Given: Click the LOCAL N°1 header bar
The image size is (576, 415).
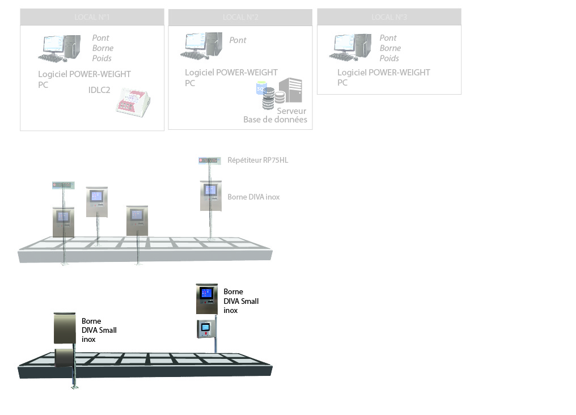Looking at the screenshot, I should pyautogui.click(x=92, y=17).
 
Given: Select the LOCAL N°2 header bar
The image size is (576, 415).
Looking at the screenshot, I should pyautogui.click(x=240, y=17).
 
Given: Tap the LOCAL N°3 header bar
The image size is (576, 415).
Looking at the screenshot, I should pyautogui.click(x=389, y=17).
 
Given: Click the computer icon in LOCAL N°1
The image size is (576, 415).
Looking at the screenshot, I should pyautogui.click(x=59, y=48).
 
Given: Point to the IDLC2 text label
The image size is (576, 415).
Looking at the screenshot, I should pyautogui.click(x=99, y=90).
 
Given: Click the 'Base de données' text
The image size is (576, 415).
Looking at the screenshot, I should pyautogui.click(x=275, y=120).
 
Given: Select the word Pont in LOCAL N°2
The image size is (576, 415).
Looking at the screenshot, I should pyautogui.click(x=238, y=40).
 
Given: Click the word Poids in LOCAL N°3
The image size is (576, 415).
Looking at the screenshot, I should pyautogui.click(x=389, y=58).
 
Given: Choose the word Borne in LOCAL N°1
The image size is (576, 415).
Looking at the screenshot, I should pyautogui.click(x=103, y=48).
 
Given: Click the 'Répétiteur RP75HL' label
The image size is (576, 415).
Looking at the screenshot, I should pyautogui.click(x=257, y=160).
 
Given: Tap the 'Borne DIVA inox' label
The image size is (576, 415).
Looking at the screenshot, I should pyautogui.click(x=253, y=197).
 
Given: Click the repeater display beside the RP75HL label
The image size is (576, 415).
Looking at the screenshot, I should pyautogui.click(x=209, y=161).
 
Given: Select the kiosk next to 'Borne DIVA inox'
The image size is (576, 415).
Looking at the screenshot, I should pyautogui.click(x=210, y=195).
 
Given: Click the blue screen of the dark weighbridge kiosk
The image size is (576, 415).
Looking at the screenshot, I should pyautogui.click(x=207, y=294).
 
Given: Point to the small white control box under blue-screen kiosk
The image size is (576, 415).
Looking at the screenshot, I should pyautogui.click(x=205, y=329).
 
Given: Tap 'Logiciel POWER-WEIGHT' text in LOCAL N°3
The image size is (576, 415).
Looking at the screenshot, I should pyautogui.click(x=384, y=73).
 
